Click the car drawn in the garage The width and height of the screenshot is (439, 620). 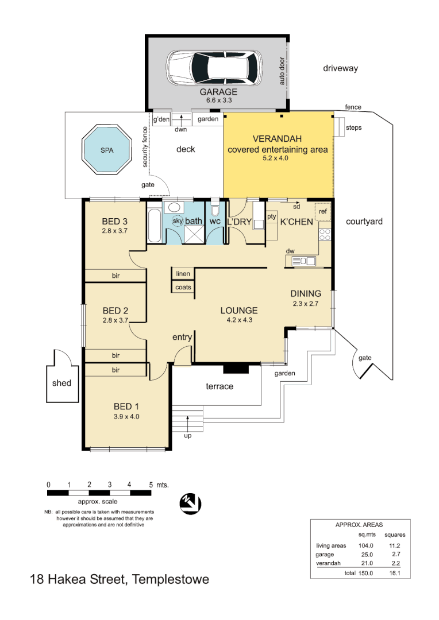tap(214, 68)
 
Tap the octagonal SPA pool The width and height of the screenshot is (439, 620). tap(106, 149)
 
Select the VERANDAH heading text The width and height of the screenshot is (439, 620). tap(277, 139)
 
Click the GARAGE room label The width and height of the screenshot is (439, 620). tap(218, 92)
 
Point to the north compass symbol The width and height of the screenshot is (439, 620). tap(190, 504)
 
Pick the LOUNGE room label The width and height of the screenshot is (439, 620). tap(239, 311)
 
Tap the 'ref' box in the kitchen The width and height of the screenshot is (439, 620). tap(322, 211)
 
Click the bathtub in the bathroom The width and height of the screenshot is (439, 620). tap(155, 226)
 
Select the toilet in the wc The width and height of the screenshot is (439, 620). tap(215, 209)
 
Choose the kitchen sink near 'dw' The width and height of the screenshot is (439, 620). tap(303, 261)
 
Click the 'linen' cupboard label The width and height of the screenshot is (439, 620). tap(183, 274)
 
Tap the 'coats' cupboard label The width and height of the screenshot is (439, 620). tap(183, 287)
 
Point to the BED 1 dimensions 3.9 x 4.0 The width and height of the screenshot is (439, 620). tap(126, 416)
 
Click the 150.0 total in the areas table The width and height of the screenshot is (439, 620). tap(366, 573)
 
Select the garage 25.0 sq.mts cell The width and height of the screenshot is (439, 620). tap(367, 555)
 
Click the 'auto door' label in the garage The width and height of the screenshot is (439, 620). tap(282, 71)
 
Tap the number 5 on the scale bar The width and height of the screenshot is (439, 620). tap(151, 485)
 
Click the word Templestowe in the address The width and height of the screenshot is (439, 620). tap(171, 579)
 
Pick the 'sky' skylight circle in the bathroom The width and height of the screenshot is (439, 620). tap(178, 220)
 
